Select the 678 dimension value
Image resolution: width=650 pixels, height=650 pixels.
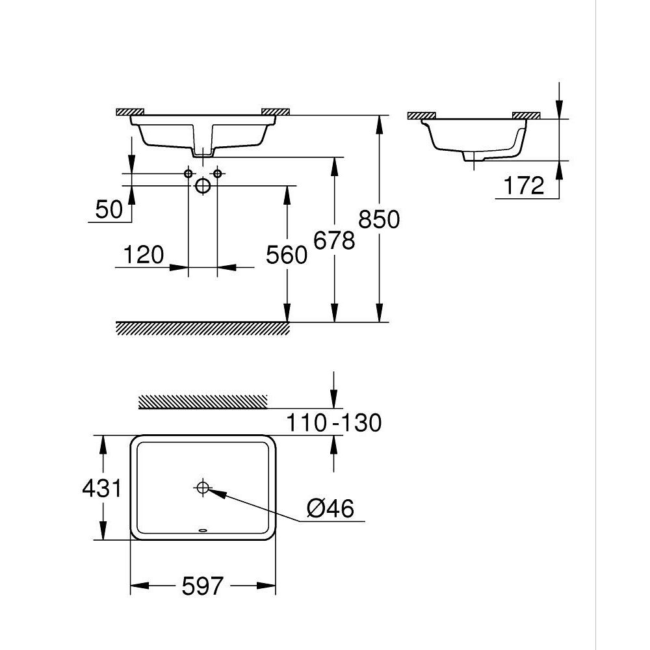pos(333,240)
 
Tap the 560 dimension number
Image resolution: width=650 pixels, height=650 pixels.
pos(287,255)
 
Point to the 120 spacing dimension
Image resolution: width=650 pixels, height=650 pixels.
pos(142,255)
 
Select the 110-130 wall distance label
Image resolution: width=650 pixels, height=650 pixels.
pos(333,423)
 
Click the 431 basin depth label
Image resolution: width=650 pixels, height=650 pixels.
pos(102,487)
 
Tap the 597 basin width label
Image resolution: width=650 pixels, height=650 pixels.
pos(203,587)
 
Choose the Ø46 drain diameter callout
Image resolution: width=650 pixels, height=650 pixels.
pos(330,509)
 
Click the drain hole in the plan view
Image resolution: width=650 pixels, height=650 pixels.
pos(203,487)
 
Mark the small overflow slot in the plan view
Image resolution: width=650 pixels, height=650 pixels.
pos(203,530)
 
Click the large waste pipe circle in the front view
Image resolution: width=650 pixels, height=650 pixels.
pos(203,186)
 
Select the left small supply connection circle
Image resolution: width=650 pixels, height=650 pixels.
pos(188,174)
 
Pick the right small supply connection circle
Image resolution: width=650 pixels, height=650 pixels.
pos(218,174)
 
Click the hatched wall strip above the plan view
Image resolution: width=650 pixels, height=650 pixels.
pos(203,402)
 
